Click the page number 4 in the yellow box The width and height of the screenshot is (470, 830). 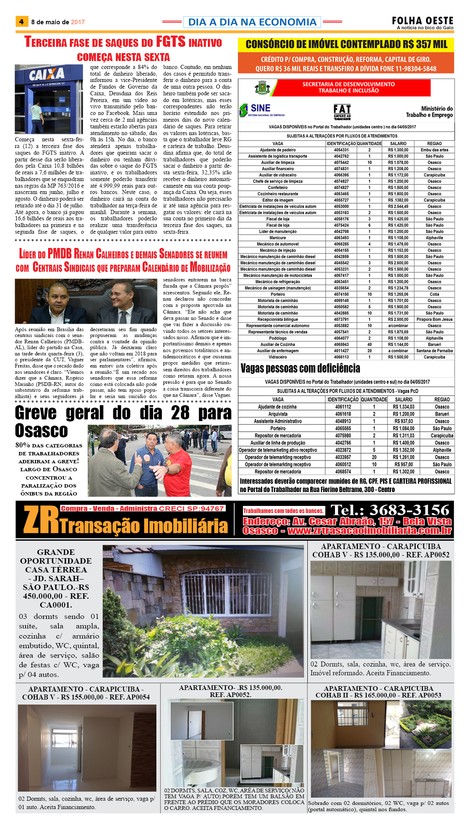coord(21,21)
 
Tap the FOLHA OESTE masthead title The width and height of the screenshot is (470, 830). coord(422,21)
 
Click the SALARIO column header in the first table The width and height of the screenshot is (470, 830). coord(398,143)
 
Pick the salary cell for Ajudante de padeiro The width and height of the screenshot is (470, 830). coord(398,150)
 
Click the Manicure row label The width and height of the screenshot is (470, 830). coord(278,238)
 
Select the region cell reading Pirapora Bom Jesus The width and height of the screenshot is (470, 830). coord(434,319)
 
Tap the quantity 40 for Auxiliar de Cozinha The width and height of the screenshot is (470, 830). coord(369,345)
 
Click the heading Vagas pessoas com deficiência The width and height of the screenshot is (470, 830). coord(300,368)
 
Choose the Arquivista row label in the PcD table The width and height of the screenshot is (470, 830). coord(278,414)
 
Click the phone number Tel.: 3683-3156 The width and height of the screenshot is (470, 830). coord(390,510)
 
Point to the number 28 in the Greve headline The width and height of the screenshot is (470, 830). coord(180,413)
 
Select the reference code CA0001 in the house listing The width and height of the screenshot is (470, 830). coord(56,605)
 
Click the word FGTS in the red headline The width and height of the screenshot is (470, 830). coord(170,42)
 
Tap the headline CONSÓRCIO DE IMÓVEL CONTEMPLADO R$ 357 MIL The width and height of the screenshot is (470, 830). coord(346,44)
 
